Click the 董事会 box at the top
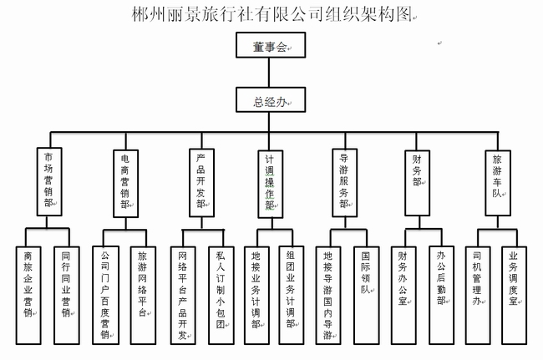(x=270, y=47)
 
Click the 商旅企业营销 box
(x=28, y=293)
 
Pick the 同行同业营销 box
(x=66, y=293)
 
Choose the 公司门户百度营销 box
(x=104, y=293)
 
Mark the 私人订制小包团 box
(x=220, y=293)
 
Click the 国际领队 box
(x=365, y=293)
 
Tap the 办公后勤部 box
(x=441, y=293)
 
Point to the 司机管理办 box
(x=476, y=293)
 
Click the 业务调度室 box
(x=513, y=293)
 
